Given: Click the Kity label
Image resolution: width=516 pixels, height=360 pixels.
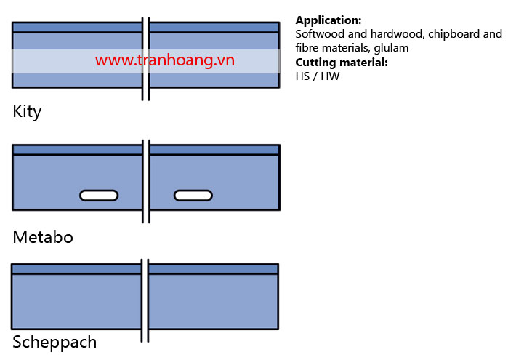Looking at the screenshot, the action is pos(27,112).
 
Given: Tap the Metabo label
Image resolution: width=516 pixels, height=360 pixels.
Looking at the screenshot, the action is pos(43,237).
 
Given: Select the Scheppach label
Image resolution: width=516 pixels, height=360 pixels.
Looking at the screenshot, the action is pos(55,343).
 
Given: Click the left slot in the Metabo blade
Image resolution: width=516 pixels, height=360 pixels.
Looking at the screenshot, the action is pos(99,196).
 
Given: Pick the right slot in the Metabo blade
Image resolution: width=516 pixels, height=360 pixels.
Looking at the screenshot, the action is pos(193,196).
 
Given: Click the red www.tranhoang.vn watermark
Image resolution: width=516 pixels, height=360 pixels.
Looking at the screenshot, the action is pos(165,60).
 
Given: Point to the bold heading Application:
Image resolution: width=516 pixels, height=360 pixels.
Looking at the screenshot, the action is pos(328,20).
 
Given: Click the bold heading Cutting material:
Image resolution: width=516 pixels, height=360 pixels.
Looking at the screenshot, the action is pos(342,63).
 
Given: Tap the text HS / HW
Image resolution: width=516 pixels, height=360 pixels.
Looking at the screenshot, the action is pos(318,76).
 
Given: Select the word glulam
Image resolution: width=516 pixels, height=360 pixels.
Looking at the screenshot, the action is pos(391,49).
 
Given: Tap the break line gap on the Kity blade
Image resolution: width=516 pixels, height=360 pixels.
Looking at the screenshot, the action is pos(146,59).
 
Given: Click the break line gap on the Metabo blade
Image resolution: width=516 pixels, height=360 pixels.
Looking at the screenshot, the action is pos(146,182).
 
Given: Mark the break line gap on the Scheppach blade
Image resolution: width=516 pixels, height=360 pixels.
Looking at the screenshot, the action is pos(145,300).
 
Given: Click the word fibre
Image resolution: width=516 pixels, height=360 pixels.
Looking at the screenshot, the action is pos(307,48).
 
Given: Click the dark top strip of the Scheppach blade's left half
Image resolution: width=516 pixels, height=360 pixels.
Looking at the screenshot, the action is pos(77,269).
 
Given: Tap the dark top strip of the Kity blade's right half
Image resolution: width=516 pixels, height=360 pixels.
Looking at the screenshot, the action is pos(214,28).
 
